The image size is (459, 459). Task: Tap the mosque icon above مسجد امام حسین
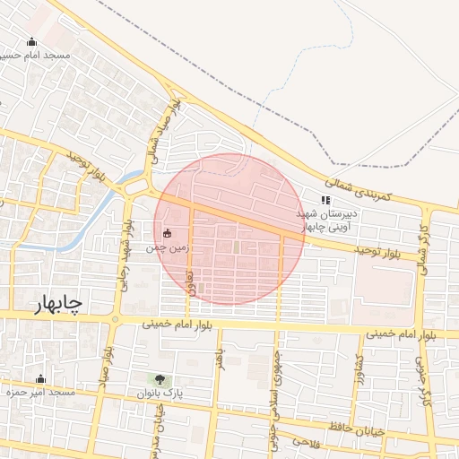(x=32, y=41)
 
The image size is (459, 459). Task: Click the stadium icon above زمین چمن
(x=167, y=233)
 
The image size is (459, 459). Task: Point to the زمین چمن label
(x=168, y=248)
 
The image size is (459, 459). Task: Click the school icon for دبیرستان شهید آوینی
(x=325, y=201)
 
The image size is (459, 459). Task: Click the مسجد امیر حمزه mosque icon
(x=39, y=379)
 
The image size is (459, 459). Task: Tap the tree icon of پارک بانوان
(x=160, y=380)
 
